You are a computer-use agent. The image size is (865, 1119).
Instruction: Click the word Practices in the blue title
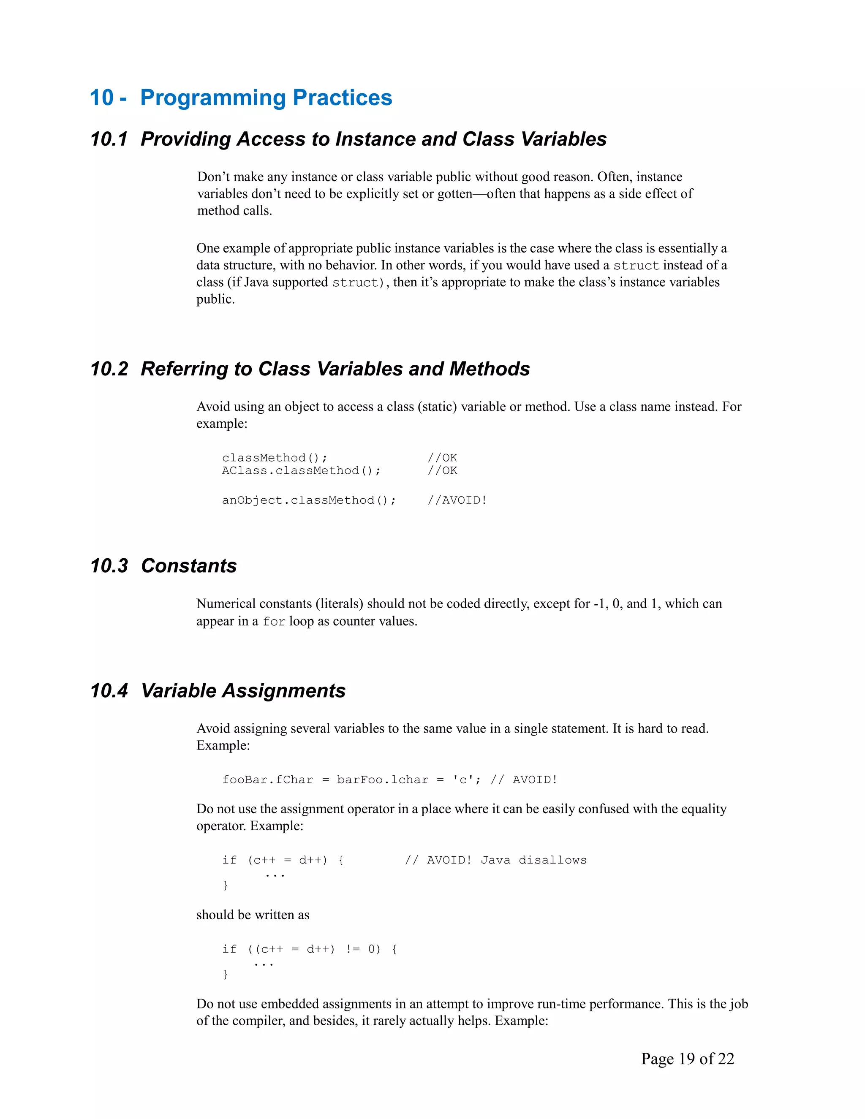pos(342,98)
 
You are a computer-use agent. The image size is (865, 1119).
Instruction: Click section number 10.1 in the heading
pos(109,139)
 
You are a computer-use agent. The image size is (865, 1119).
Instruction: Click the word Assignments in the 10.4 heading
pos(283,691)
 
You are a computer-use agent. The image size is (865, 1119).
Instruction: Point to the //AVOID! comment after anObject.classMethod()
pos(457,500)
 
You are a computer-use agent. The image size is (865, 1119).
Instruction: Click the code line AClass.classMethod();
pos(301,470)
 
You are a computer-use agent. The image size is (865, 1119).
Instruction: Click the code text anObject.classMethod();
pos(309,500)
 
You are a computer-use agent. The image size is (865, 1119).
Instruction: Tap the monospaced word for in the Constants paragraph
pos(274,622)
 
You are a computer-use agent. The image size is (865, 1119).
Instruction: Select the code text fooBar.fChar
pos(267,780)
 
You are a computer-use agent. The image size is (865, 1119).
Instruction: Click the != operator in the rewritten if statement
pos(353,949)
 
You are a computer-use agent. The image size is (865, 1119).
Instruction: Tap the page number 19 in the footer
pos(687,1059)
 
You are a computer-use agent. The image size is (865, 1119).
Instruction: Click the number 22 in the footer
pos(726,1059)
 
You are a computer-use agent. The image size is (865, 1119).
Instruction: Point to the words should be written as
pos(253,915)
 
